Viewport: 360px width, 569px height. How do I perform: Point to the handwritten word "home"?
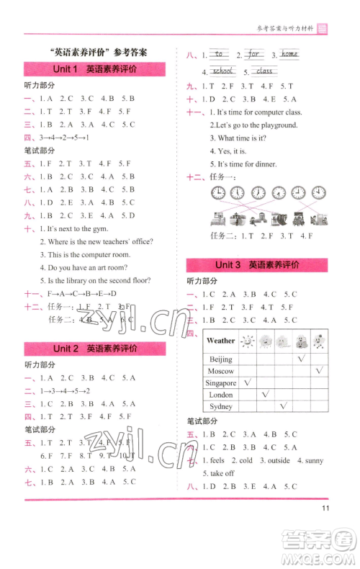289,55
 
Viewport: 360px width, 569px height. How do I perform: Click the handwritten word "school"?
223,71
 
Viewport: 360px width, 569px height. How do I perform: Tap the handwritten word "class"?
265,71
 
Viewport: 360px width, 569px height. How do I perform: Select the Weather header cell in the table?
220,341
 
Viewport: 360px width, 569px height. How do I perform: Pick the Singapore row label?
220,383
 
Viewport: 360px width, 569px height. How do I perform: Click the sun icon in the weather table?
248,341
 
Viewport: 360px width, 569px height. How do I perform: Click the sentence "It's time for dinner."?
248,164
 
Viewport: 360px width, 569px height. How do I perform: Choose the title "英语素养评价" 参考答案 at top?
95,52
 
